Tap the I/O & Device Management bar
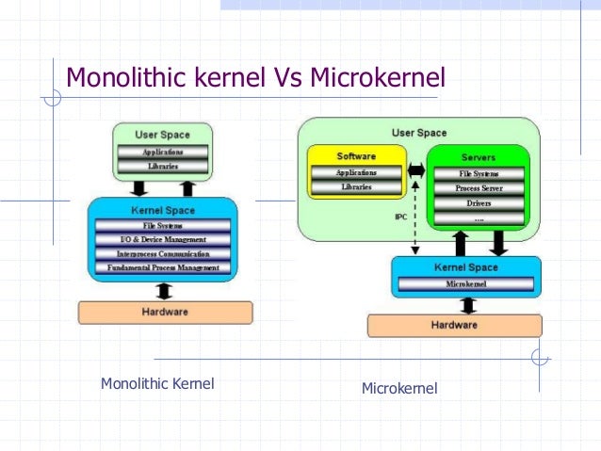(162, 240)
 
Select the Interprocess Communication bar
(162, 254)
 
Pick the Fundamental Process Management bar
(162, 268)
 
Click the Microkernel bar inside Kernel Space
(465, 283)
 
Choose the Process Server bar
(479, 188)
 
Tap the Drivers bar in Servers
(479, 202)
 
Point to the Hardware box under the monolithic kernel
(165, 312)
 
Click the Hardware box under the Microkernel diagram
(454, 325)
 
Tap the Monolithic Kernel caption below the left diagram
(157, 383)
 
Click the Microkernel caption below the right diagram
(399, 388)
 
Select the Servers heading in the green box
(479, 156)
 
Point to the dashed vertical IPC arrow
(415, 221)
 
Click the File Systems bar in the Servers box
(479, 174)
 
